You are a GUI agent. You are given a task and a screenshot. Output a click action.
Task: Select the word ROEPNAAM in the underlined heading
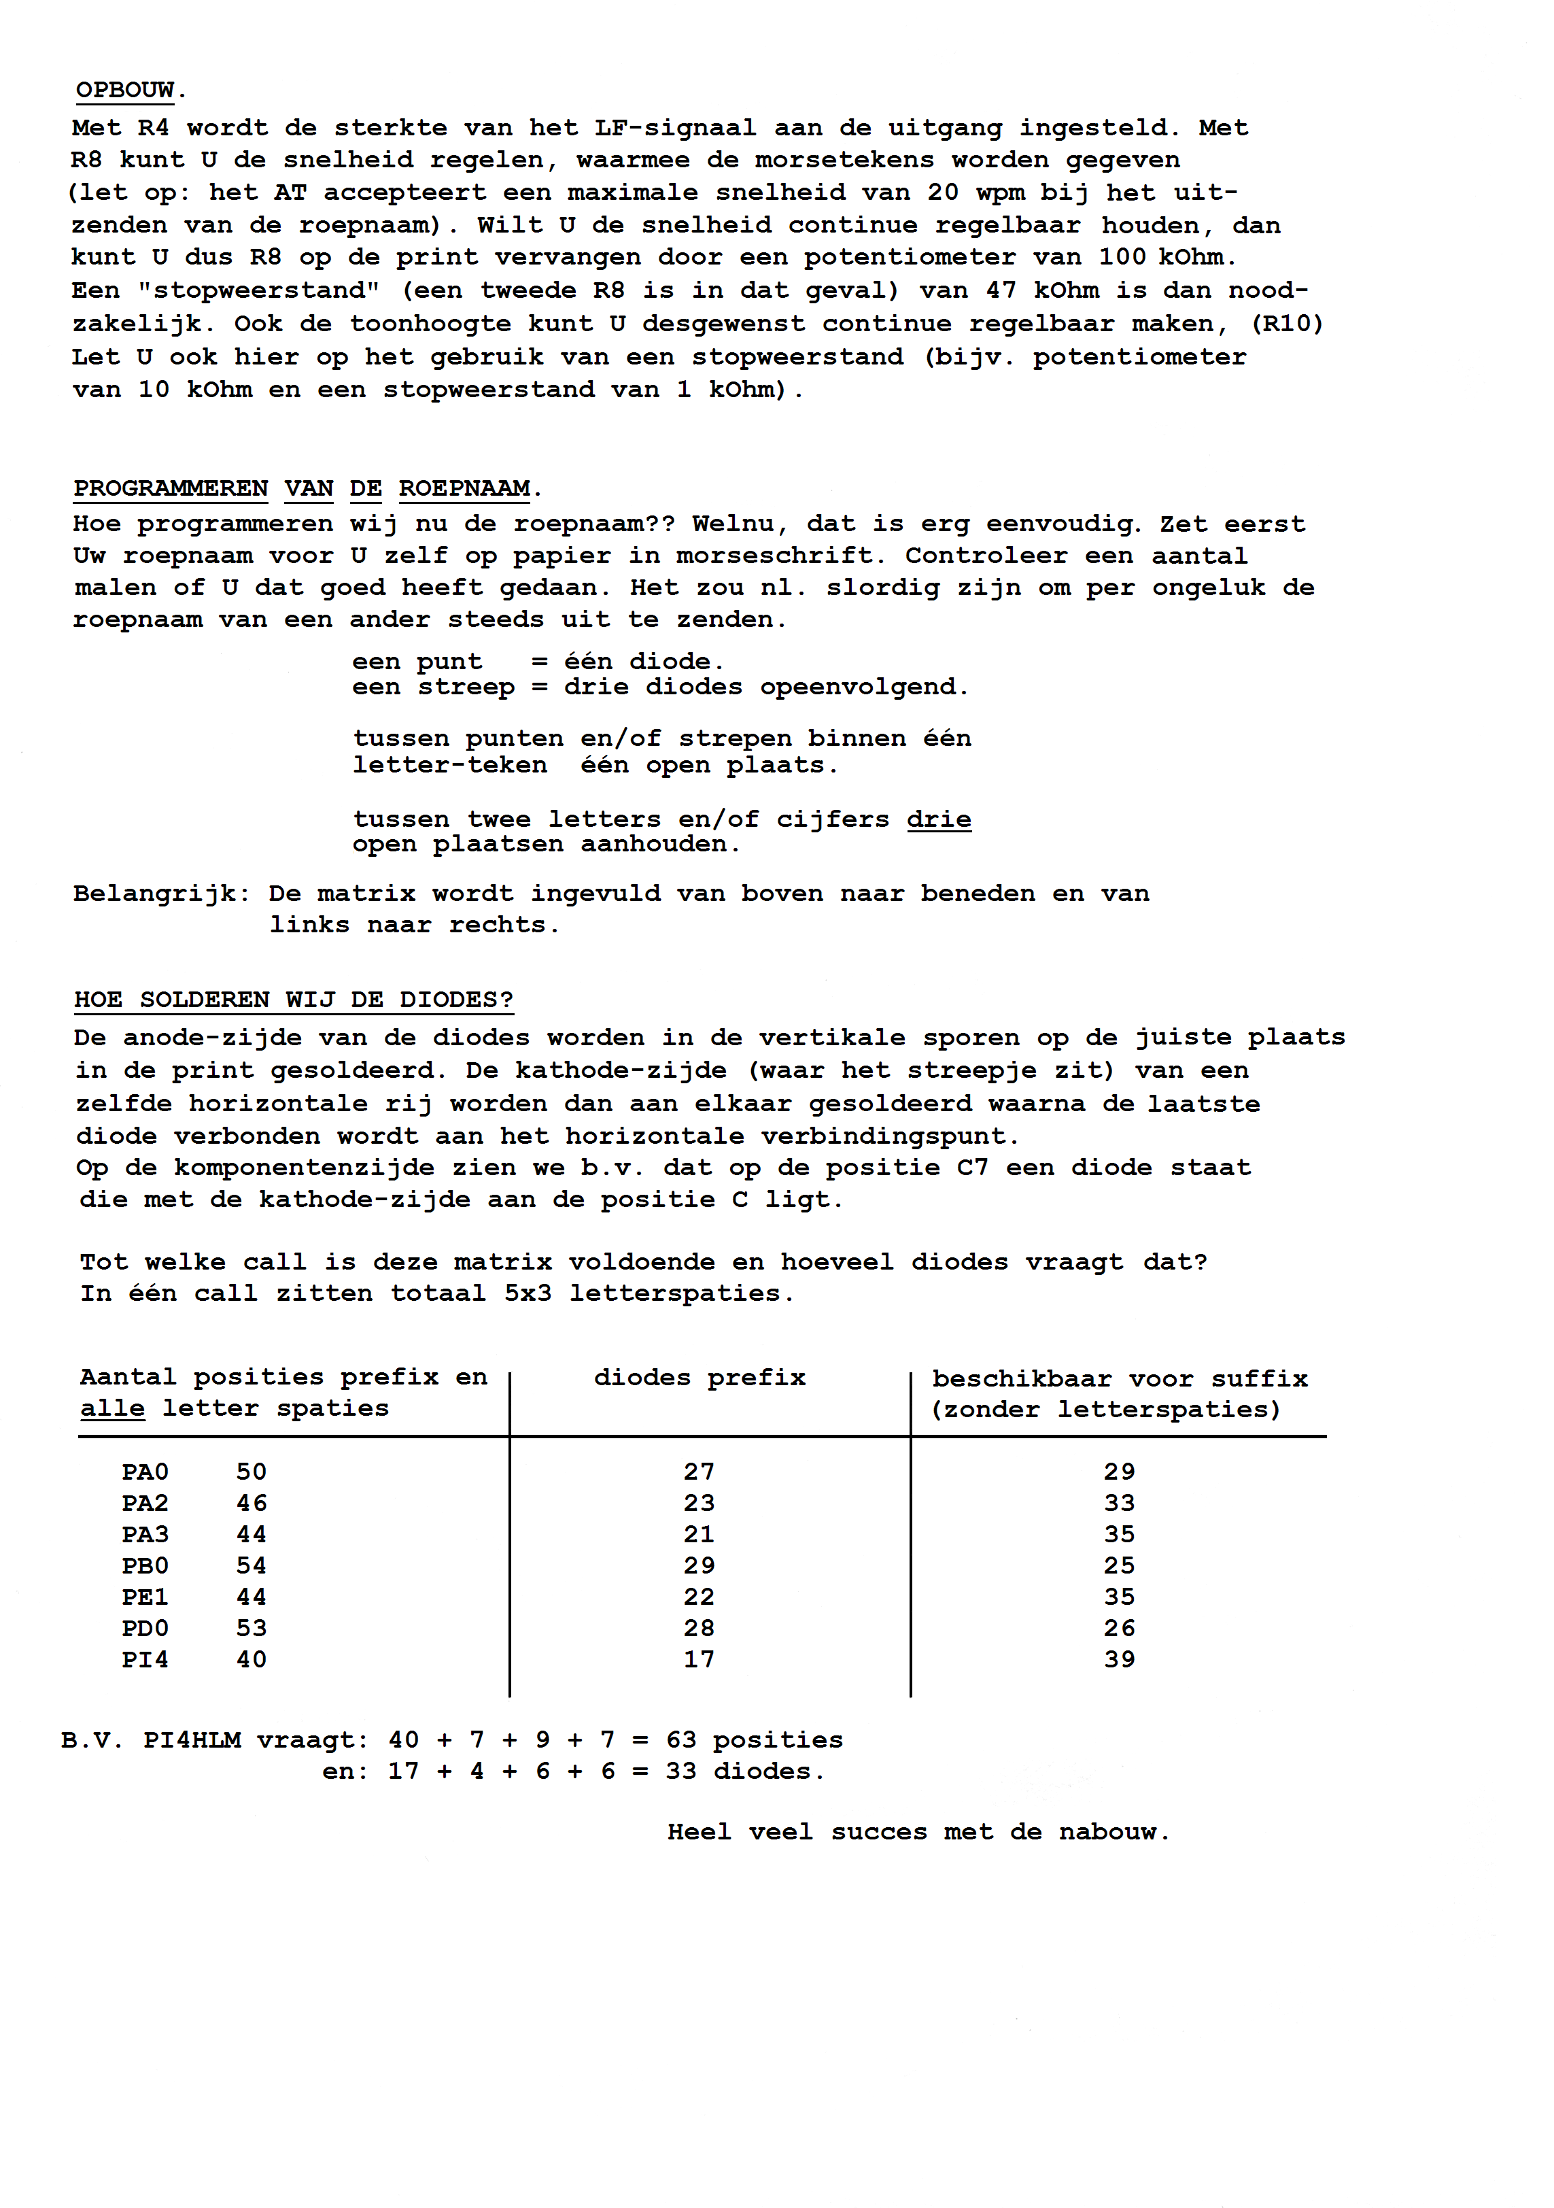coord(464,488)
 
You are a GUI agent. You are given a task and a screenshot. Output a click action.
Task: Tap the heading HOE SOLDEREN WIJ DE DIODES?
coord(293,1000)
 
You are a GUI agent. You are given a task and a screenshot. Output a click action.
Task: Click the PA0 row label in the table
coord(145,1472)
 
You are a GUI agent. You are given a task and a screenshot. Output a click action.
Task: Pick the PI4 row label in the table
coord(145,1660)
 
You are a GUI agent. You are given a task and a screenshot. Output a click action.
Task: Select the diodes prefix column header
coord(699,1378)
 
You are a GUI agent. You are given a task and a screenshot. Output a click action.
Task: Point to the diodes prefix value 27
coord(699,1472)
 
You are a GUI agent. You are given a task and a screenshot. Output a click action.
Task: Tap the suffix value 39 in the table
coord(1120,1660)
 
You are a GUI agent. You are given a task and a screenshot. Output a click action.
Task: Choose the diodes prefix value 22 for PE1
coord(699,1597)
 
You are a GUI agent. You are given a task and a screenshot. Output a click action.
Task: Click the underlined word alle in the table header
coord(113,1409)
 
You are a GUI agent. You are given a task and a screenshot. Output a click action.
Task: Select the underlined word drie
coord(939,819)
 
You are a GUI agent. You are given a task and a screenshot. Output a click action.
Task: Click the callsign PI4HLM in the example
coord(192,1741)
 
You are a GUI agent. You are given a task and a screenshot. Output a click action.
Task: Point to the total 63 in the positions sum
coord(681,1741)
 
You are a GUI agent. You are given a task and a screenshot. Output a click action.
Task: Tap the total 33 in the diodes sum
coord(681,1771)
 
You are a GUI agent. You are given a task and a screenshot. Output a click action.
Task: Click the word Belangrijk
coord(156,894)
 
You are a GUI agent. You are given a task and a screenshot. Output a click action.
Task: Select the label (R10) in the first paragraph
coord(1288,324)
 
